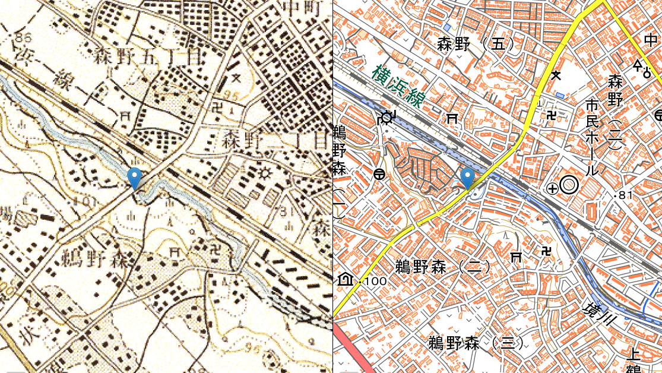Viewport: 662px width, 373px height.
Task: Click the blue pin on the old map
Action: (x=135, y=178)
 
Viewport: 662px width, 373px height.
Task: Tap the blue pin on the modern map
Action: (x=468, y=178)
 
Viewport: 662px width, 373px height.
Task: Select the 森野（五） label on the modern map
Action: (x=475, y=43)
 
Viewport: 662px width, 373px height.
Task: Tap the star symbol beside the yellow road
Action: (x=556, y=75)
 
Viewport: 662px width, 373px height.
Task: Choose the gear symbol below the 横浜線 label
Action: (x=387, y=116)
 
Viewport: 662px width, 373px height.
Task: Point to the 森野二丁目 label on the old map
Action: (x=276, y=141)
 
